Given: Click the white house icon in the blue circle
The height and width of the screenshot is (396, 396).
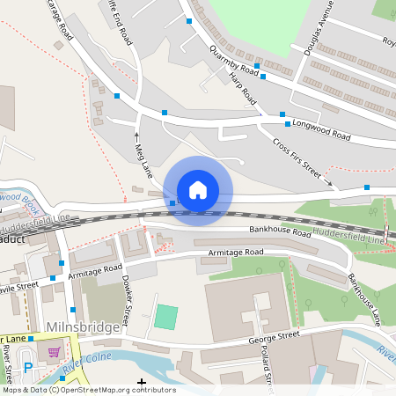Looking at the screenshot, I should [x=198, y=189].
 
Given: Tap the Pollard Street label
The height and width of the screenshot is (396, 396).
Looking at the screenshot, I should [x=268, y=363].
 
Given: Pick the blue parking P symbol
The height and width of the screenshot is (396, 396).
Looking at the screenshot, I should [x=28, y=368].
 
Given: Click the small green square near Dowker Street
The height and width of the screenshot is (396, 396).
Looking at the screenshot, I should [x=165, y=317].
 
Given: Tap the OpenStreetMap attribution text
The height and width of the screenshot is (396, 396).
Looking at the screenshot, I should [x=89, y=390].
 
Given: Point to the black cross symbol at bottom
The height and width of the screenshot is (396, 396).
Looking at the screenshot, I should [x=142, y=382].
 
